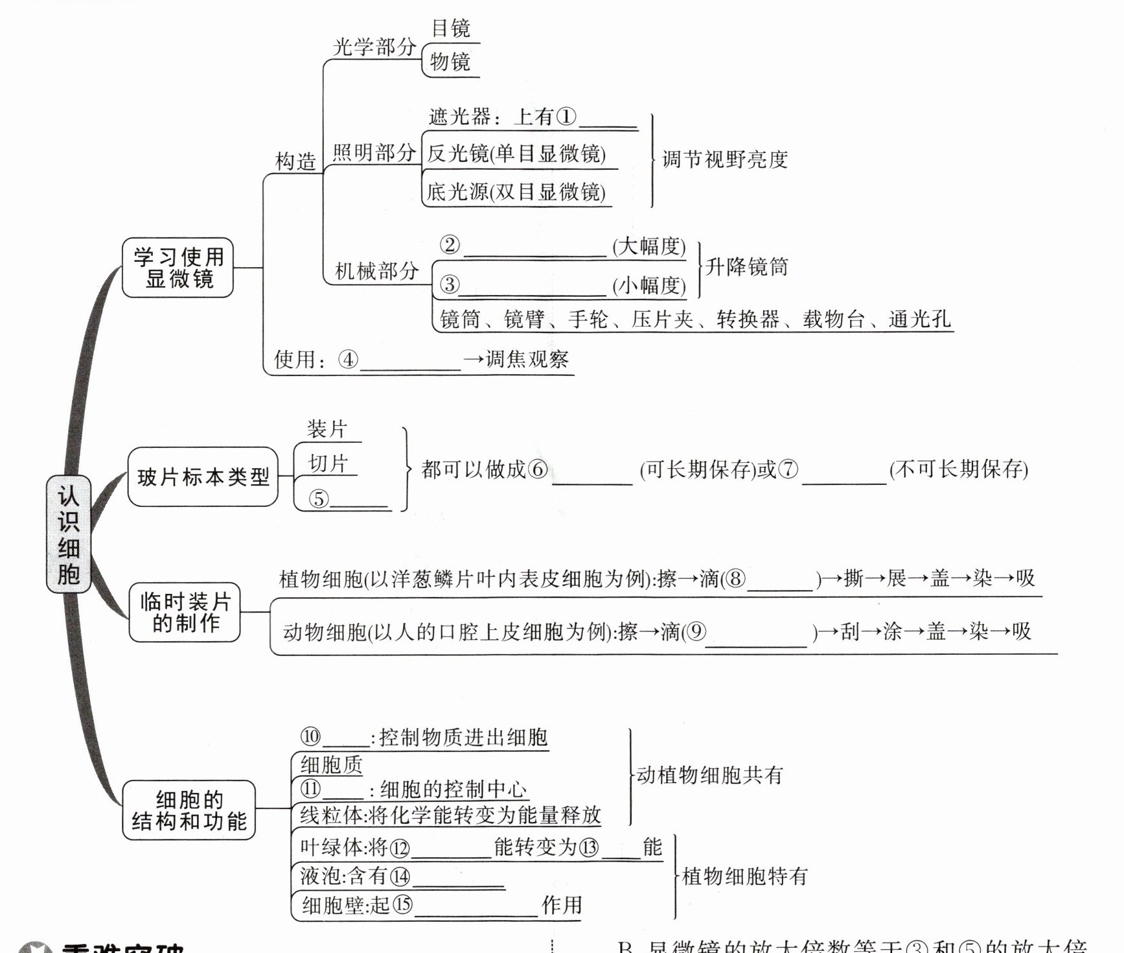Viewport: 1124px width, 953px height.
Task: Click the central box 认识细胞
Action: pos(69,534)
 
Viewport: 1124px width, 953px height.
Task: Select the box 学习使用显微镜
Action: pos(178,268)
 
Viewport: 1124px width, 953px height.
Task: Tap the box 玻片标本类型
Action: pos(203,477)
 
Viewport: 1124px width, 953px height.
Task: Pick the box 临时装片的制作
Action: pos(185,612)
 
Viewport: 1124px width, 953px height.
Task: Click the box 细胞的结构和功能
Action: pos(189,810)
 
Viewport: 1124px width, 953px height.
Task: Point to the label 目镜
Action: pos(451,29)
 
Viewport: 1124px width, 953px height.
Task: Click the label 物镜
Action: pos(450,62)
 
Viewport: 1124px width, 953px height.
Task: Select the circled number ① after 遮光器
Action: pos(566,117)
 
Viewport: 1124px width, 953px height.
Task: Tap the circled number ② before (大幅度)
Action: pos(450,245)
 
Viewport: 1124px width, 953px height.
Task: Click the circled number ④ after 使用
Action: pos(348,359)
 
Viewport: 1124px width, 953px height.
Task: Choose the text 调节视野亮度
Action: pos(725,159)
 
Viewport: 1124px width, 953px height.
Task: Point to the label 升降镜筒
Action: pos(746,266)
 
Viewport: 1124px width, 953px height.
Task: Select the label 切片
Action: pos(328,464)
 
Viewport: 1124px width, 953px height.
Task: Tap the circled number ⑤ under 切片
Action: pos(318,499)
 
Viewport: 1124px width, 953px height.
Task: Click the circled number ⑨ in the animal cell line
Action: pos(696,631)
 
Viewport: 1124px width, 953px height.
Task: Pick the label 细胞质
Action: pos(331,765)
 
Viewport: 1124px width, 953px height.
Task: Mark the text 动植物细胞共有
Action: pos(710,775)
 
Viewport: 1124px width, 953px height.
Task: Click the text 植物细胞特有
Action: pos(745,877)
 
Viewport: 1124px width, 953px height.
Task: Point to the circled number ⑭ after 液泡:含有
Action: pos(400,877)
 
